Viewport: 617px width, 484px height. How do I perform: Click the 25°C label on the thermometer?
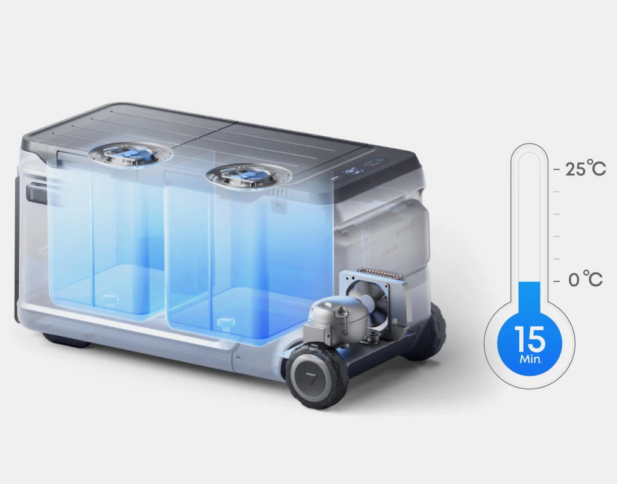[x=586, y=168]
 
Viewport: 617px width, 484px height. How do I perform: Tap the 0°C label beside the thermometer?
[x=586, y=279]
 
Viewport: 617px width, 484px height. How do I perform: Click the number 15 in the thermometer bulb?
[x=529, y=339]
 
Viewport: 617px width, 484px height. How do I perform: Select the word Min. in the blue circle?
[x=531, y=359]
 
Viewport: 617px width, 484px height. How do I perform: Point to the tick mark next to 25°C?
[x=556, y=169]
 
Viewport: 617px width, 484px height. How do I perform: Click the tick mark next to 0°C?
[x=556, y=281]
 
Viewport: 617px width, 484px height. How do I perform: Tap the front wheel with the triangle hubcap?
[x=316, y=376]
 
